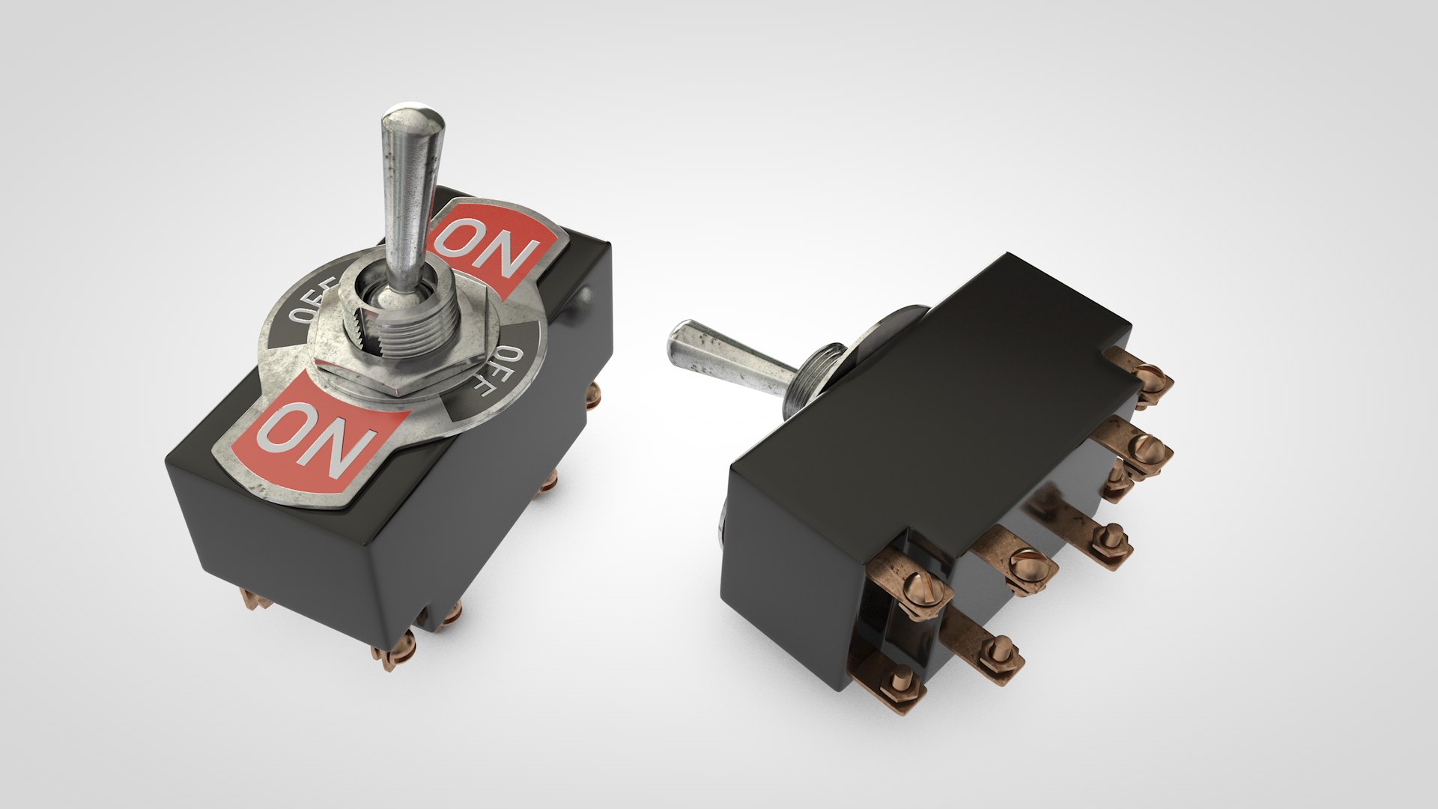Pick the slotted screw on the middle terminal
coord(1022,562)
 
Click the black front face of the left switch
coord(300,554)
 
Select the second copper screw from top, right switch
coord(1146,449)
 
